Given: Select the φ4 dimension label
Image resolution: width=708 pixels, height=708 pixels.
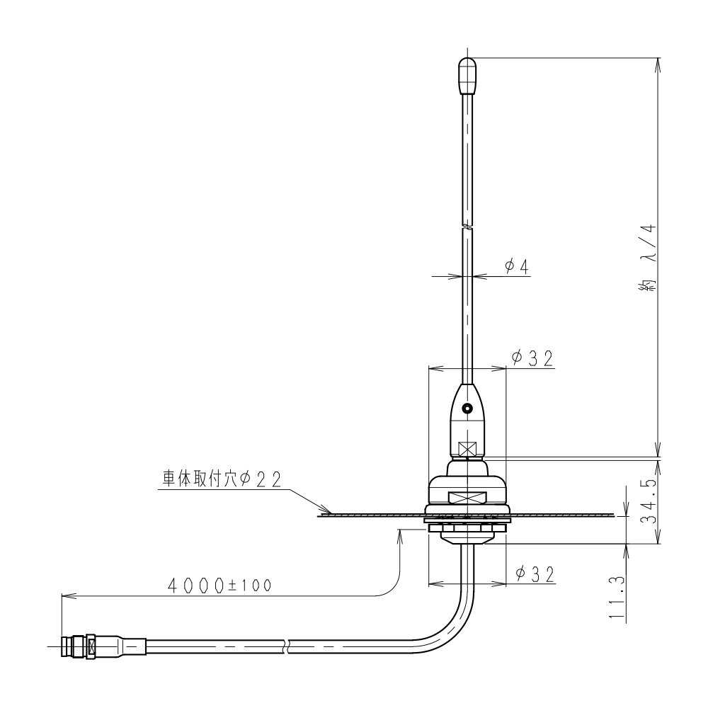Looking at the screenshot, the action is [516, 268].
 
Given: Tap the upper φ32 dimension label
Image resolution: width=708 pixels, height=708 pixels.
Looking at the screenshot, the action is [532, 358].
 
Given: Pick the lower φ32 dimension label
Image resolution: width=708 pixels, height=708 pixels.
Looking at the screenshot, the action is [534, 574].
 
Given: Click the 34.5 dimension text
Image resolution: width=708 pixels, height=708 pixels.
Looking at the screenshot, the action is [649, 501].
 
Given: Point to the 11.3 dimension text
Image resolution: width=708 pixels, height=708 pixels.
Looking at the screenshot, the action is [617, 597].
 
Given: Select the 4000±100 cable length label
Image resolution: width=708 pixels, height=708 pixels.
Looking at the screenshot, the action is [219, 586].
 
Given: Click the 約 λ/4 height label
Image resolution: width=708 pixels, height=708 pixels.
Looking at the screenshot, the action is [648, 260].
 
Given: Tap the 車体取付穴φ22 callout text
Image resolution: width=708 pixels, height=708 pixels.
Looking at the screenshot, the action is [222, 479].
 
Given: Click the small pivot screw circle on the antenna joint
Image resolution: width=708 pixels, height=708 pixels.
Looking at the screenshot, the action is [467, 409].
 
